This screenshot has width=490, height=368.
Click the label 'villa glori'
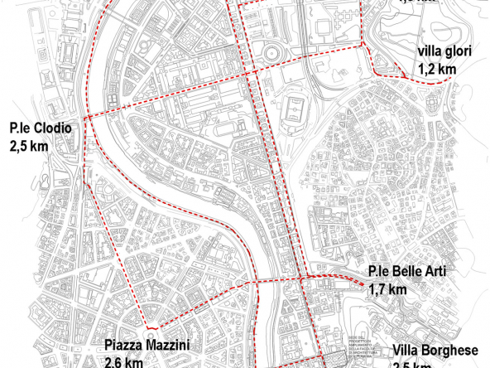(x=445, y=51)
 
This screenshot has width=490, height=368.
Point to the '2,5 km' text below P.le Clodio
(x=29, y=146)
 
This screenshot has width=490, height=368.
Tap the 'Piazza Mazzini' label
(x=147, y=345)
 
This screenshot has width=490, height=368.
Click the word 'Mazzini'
(x=170, y=345)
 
